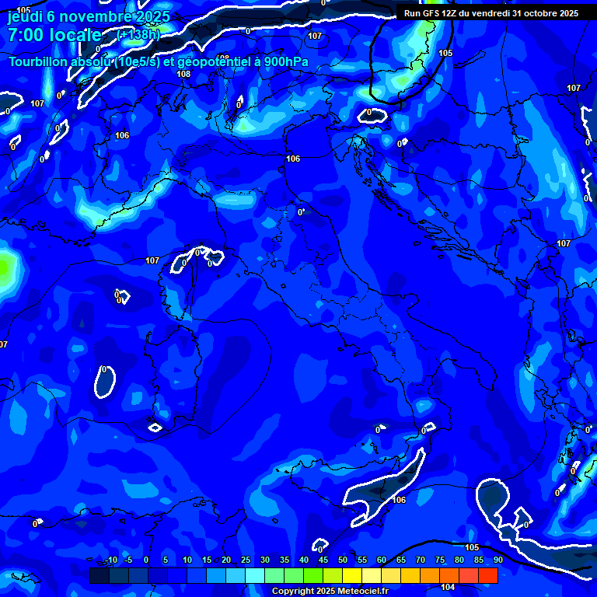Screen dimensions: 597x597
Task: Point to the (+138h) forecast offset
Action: click(138, 35)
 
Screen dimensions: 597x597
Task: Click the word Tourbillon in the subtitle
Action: click(40, 62)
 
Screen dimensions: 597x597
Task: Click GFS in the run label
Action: click(431, 13)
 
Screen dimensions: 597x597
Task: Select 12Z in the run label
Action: click(453, 13)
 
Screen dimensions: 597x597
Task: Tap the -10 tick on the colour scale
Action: click(110, 560)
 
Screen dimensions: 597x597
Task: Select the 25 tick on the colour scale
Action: click(245, 560)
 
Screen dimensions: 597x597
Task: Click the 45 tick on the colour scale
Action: click(323, 560)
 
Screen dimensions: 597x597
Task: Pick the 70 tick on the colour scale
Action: click(420, 560)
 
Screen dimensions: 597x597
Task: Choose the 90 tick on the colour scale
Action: click(497, 560)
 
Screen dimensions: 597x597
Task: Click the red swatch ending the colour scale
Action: click(488, 575)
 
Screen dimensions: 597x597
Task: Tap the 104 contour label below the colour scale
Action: click(448, 588)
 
